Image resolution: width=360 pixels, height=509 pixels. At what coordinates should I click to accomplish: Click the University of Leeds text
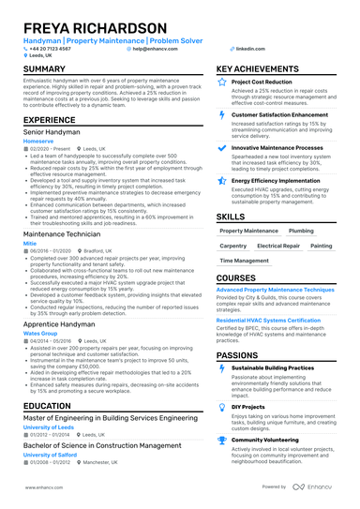pos(48,427)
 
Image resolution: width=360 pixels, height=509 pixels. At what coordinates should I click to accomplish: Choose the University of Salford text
pos(50,455)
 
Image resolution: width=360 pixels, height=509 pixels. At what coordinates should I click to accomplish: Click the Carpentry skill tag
pos(234,246)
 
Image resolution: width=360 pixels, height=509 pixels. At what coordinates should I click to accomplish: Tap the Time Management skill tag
pos(243,261)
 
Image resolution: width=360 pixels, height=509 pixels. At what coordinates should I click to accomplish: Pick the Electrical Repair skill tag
pos(278,246)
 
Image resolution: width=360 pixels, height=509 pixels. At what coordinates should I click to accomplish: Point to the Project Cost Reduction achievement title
pos(271,82)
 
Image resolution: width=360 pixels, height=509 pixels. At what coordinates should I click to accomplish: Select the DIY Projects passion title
pos(250,406)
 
